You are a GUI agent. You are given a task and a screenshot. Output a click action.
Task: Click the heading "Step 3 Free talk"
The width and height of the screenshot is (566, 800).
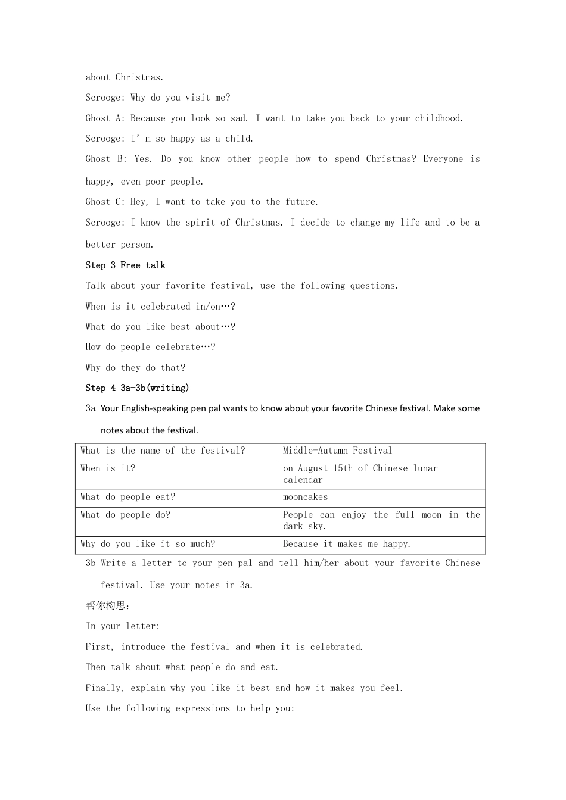point(125,265)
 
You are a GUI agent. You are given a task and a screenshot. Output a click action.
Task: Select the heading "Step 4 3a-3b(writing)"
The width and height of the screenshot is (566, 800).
point(137,388)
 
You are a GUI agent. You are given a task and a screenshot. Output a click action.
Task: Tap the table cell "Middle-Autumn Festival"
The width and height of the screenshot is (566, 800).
point(337,451)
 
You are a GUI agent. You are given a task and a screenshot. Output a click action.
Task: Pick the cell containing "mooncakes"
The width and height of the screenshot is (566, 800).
point(305,498)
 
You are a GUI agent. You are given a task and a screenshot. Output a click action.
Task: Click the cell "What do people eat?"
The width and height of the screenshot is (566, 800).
point(128,498)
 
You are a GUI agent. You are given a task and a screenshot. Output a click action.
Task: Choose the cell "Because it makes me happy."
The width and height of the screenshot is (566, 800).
point(347,545)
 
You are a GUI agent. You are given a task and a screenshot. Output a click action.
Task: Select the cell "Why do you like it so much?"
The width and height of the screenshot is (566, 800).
point(148,545)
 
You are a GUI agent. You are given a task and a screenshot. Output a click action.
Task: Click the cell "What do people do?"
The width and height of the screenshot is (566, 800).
point(125,515)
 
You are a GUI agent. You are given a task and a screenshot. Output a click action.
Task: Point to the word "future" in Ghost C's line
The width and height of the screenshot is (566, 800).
point(301,202)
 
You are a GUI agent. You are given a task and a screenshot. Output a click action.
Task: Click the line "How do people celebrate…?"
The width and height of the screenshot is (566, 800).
point(150,347)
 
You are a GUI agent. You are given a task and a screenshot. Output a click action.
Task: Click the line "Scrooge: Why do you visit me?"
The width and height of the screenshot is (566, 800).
point(157,98)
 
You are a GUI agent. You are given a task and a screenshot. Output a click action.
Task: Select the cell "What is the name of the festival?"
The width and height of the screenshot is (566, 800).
point(163,451)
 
